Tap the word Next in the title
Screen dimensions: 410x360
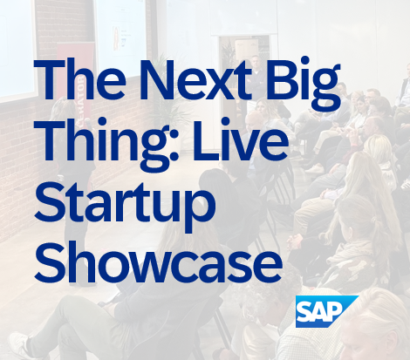tap(195, 79)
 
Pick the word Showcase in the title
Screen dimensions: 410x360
tap(158, 262)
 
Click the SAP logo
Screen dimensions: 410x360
tap(327, 311)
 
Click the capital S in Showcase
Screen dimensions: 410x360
tap(47, 263)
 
